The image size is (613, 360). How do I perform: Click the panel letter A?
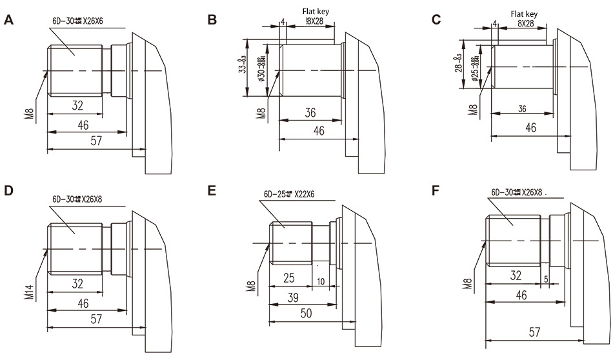coord(9,19)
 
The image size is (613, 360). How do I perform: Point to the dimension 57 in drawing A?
coord(96,141)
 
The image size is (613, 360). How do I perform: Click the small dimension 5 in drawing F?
coord(545,279)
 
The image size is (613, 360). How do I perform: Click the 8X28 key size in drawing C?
coord(526,23)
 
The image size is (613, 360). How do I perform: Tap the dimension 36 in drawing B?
coord(310,112)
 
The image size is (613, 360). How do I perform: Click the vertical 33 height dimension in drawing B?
coord(242,68)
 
